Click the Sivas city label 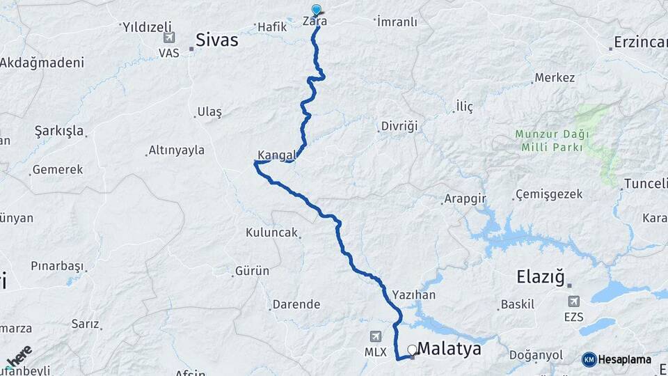216,40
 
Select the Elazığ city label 543,276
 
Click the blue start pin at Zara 317,10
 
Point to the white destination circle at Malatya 412,350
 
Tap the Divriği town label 399,126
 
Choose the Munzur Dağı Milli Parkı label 552,140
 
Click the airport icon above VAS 168,37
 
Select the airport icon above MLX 376,336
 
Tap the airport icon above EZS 574,301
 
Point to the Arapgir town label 464,198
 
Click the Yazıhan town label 413,295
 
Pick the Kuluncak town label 271,233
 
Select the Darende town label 296,304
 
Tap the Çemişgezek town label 548,194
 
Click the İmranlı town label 397,22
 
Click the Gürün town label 252,270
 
